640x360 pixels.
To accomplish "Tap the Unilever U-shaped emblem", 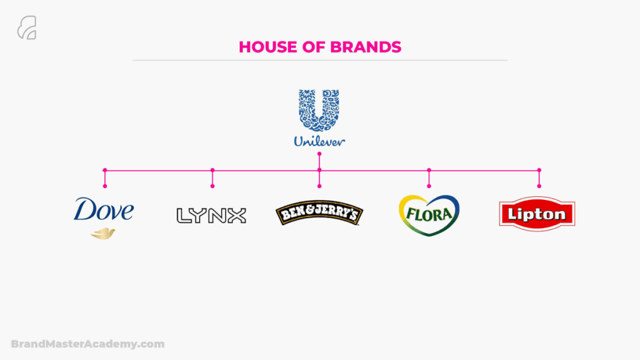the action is coord(319,110).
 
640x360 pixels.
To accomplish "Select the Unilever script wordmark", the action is coord(319,141).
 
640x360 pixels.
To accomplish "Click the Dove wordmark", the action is coord(104,209).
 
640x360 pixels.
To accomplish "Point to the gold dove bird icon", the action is coord(103,234).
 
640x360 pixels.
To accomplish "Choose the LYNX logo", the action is coord(211,216).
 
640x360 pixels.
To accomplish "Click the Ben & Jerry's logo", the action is coord(319,212).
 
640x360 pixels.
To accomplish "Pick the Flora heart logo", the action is coord(429,215).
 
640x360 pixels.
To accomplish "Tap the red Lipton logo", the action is coord(537,214).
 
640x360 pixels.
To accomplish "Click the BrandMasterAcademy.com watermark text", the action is coord(87,344).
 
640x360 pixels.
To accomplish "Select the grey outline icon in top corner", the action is coord(27,27).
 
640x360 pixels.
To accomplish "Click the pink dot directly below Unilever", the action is coord(319,154).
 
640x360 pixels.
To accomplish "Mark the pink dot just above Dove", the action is coord(105,186).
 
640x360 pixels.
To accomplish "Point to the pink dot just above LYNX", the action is coord(212,186).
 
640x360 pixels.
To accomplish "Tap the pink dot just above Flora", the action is coord(429,186).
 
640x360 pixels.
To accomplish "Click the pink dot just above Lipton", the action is coord(539,186).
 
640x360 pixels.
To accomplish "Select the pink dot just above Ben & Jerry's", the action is coord(319,186).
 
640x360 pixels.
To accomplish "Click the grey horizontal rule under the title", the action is coord(320,61).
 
